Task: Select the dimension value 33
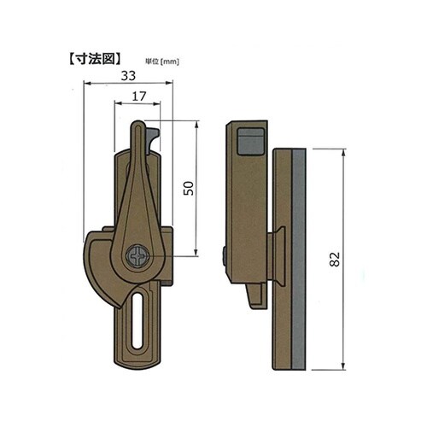click(128, 76)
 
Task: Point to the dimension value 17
click(137, 98)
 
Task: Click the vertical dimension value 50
click(188, 188)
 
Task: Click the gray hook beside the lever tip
click(154, 137)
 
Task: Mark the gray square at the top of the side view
click(249, 140)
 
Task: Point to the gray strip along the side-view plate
click(298, 256)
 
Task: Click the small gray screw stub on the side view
click(223, 255)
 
